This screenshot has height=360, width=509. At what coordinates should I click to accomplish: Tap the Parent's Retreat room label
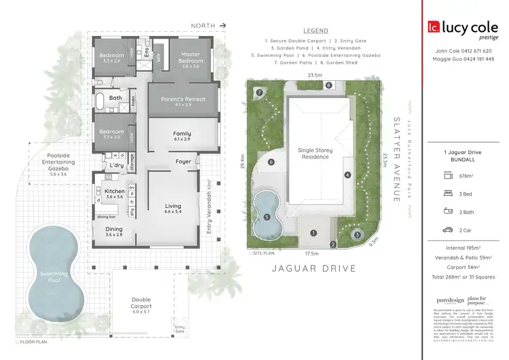coord(183,98)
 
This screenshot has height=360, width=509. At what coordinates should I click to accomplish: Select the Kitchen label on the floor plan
coord(115,192)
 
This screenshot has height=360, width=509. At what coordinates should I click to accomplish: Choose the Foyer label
coord(183,162)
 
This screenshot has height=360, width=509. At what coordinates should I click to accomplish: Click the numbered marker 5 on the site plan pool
coord(267,217)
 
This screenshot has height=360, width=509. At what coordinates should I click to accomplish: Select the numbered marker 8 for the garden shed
coord(328,86)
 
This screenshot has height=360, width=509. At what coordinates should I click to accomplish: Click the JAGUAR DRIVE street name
coord(314,268)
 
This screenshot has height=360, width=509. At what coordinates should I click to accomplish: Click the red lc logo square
coord(432,28)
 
